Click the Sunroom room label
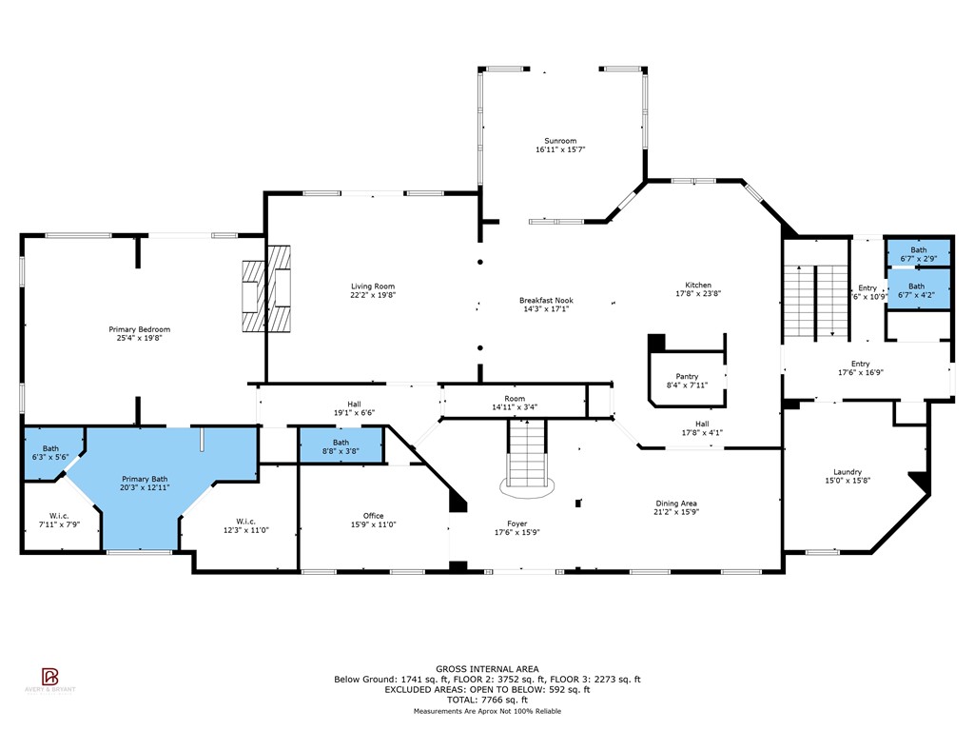[559, 140]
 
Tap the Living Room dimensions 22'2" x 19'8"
[373, 296]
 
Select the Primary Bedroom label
[139, 329]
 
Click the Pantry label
[687, 376]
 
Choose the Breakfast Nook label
[546, 300]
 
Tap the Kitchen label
[698, 286]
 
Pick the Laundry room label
[847, 472]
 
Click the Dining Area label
[676, 504]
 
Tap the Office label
[373, 516]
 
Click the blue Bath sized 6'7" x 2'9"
[917, 253]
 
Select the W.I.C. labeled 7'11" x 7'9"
[59, 520]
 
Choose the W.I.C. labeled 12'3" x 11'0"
[245, 521]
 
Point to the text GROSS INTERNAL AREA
[487, 669]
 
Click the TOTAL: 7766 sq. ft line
[487, 700]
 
